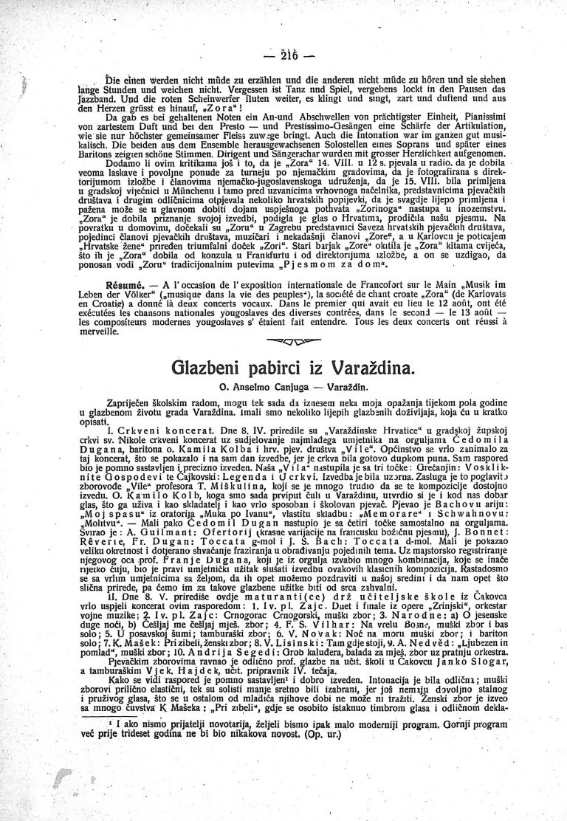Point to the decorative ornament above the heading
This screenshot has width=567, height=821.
pos(283,341)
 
